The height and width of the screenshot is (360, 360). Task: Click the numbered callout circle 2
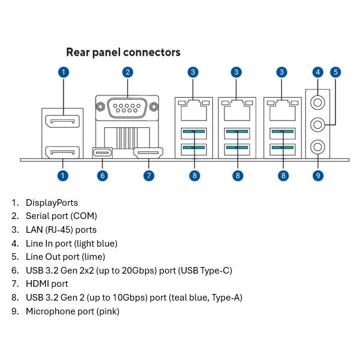pyautogui.click(x=128, y=72)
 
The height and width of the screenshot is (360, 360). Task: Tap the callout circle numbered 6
pyautogui.click(x=103, y=175)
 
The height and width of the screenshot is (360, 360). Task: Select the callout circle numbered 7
pyautogui.click(x=149, y=175)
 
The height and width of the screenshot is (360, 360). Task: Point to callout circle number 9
pyautogui.click(x=318, y=175)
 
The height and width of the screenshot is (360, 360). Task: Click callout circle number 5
pyautogui.click(x=335, y=72)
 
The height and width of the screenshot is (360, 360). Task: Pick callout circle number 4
pyautogui.click(x=318, y=72)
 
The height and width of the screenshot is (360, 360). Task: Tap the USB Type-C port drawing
pyautogui.click(x=103, y=153)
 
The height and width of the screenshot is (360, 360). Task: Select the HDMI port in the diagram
pyautogui.click(x=148, y=153)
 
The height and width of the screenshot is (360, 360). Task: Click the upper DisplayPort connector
pyautogui.click(x=64, y=123)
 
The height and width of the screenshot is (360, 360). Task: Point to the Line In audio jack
pyautogui.click(x=318, y=102)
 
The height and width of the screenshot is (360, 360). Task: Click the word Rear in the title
pyautogui.click(x=79, y=52)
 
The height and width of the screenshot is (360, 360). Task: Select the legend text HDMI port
pyautogui.click(x=47, y=283)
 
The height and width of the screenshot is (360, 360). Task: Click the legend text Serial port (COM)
pyautogui.click(x=61, y=216)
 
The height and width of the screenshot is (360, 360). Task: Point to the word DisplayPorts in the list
pyautogui.click(x=52, y=203)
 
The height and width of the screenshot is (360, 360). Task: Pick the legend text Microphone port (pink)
pyautogui.click(x=73, y=311)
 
